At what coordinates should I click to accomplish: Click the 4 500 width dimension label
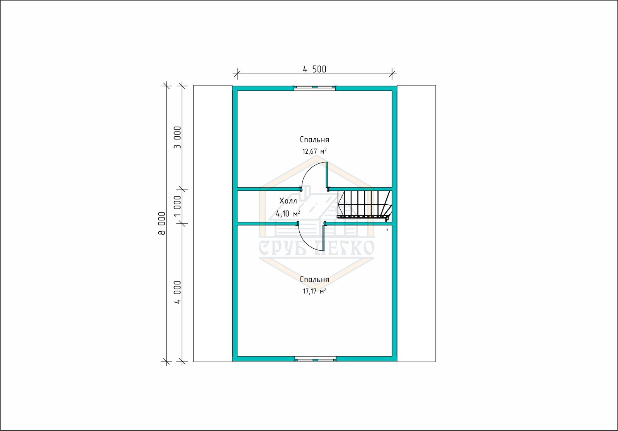[x=314, y=69]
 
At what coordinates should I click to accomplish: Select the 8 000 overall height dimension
[x=162, y=223]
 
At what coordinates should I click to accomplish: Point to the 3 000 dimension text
[x=177, y=137]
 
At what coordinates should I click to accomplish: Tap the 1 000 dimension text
[x=177, y=206]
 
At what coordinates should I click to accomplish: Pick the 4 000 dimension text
[x=177, y=292]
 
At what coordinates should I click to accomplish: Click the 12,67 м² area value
[x=314, y=151]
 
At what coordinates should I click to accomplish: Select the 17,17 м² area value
[x=314, y=291]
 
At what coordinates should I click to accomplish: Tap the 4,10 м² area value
[x=288, y=213]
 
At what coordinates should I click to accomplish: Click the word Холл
[x=288, y=201]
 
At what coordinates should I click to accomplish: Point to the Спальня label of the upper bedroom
[x=314, y=139]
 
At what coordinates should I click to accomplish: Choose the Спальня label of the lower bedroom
[x=314, y=279]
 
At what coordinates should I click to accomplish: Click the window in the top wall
[x=314, y=88]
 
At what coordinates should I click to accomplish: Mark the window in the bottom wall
[x=315, y=359]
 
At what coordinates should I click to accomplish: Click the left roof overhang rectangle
[x=213, y=224]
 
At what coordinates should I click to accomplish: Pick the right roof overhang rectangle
[x=416, y=224]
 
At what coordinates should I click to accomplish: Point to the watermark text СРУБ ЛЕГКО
[x=316, y=248]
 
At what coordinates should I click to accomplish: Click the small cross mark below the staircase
[x=387, y=229]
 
